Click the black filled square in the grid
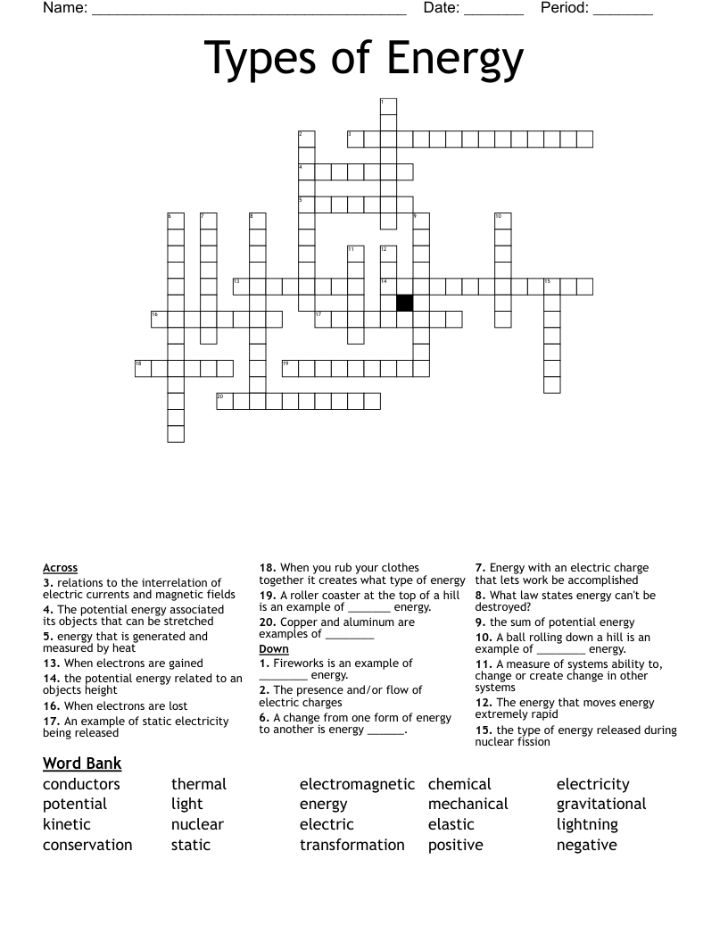click(x=404, y=303)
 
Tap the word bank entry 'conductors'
click(x=81, y=784)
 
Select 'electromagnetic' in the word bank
click(x=357, y=784)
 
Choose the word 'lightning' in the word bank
click(x=587, y=824)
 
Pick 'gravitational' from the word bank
click(x=601, y=804)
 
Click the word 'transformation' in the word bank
click(x=352, y=845)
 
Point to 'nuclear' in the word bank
click(x=197, y=824)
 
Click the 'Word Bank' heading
click(x=82, y=763)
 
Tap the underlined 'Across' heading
click(x=60, y=568)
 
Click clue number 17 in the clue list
click(x=50, y=721)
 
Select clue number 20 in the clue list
click(x=267, y=622)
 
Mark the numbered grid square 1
click(x=388, y=106)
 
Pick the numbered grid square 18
click(x=143, y=368)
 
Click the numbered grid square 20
click(x=225, y=401)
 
